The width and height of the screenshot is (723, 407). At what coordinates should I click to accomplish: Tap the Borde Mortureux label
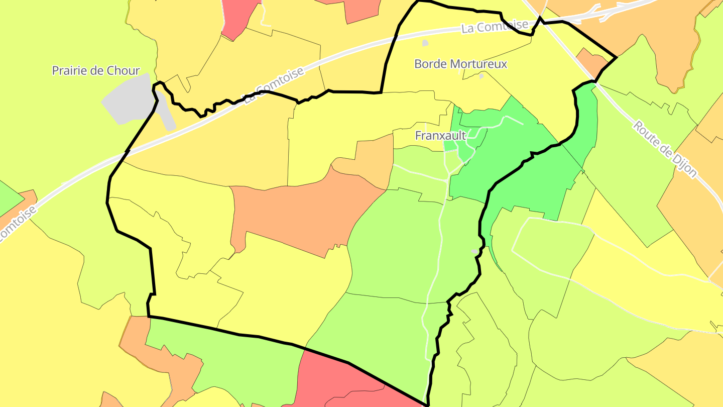coord(460,64)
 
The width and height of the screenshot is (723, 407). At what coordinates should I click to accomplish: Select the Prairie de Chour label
coord(96,70)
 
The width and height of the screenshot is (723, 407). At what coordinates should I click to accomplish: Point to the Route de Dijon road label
coord(665,149)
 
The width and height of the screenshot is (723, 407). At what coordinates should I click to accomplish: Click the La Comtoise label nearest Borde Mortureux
coord(495,26)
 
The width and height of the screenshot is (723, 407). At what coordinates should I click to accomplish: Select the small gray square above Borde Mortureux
coord(425,43)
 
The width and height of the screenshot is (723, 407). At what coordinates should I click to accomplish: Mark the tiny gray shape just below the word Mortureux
coord(481,76)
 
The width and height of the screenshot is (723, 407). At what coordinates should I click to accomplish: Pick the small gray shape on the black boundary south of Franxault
coord(475,251)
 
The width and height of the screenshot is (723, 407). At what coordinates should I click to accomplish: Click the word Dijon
coord(682,164)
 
